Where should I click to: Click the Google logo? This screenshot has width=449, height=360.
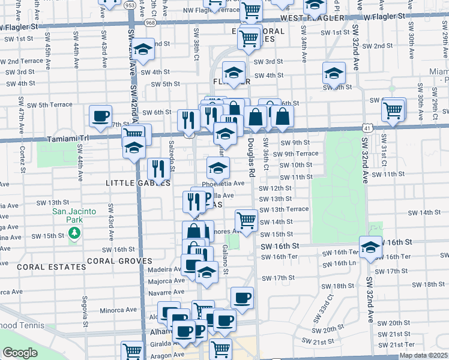(20, 353)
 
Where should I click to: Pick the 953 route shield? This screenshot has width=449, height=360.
(130, 5)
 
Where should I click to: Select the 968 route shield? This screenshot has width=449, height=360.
(150, 22)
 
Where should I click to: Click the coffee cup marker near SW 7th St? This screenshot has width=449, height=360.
(101, 115)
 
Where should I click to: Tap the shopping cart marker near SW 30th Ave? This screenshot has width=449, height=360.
(393, 109)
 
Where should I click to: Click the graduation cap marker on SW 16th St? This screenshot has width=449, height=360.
(371, 246)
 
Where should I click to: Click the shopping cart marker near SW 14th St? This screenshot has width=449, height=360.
(246, 220)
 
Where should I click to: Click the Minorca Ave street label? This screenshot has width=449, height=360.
(119, 310)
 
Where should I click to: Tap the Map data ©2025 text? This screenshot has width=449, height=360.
(423, 355)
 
